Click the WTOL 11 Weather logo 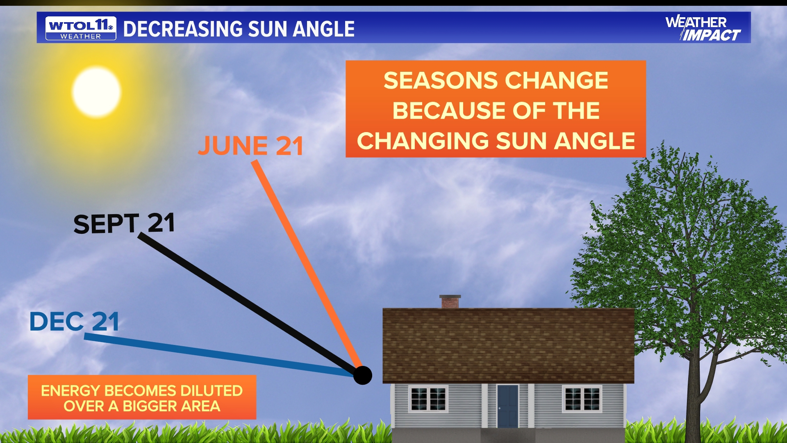pyautogui.click(x=81, y=28)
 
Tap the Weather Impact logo pyautogui.click(x=703, y=28)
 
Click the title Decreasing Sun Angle pyautogui.click(x=239, y=29)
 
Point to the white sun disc pyautogui.click(x=96, y=92)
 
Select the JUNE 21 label pyautogui.click(x=250, y=146)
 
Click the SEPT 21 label pyautogui.click(x=124, y=224)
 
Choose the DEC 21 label pyautogui.click(x=74, y=321)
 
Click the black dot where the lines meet pyautogui.click(x=362, y=375)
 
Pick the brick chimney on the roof pyautogui.click(x=450, y=301)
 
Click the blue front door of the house pyautogui.click(x=507, y=406)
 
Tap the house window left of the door pyautogui.click(x=428, y=399)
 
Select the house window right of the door pyautogui.click(x=582, y=399)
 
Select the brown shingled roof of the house pyautogui.click(x=508, y=345)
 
